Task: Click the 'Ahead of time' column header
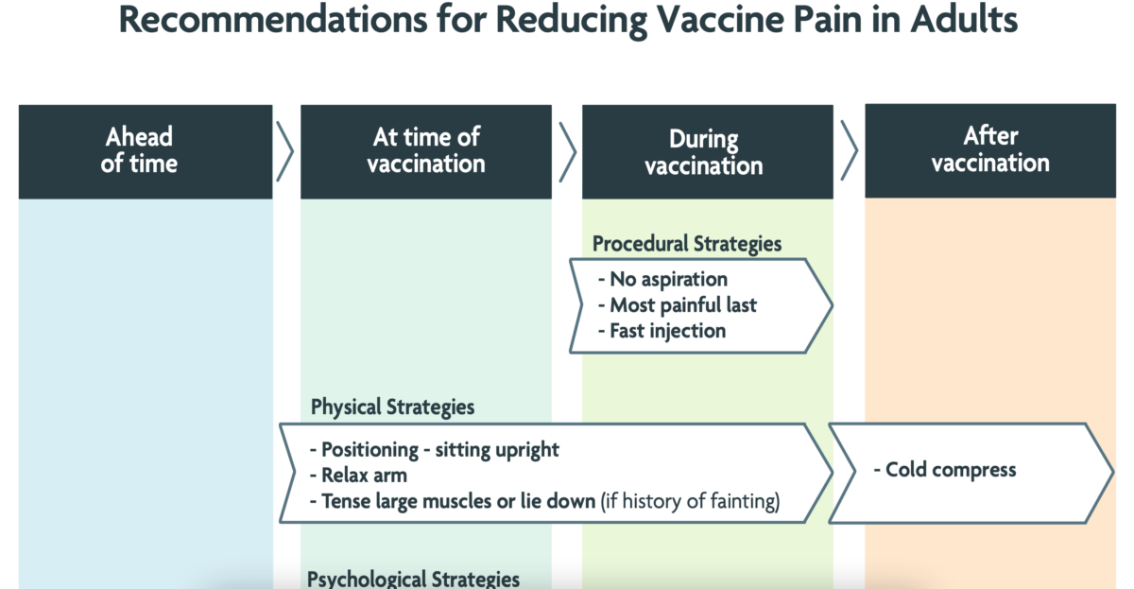click(146, 151)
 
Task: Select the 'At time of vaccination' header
click(426, 151)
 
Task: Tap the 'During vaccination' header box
click(708, 151)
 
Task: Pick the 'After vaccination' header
click(990, 150)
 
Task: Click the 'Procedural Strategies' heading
click(687, 244)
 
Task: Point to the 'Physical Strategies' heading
click(392, 407)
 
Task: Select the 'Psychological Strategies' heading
click(413, 579)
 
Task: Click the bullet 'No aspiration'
click(663, 279)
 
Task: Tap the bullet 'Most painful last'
click(678, 305)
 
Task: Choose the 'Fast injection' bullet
click(662, 331)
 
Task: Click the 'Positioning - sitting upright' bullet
click(435, 450)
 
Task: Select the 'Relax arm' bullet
click(358, 476)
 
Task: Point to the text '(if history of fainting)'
click(690, 501)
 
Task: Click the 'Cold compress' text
click(945, 470)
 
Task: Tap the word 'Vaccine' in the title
click(721, 20)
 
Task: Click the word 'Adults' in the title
click(964, 20)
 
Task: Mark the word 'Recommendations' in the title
click(273, 20)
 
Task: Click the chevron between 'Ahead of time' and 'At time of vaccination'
click(285, 151)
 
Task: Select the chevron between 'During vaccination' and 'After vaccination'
click(850, 150)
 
